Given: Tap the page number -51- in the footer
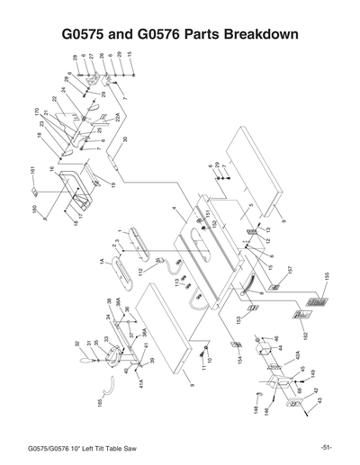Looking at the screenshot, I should pos(325,447).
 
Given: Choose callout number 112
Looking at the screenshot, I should pos(141,272).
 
